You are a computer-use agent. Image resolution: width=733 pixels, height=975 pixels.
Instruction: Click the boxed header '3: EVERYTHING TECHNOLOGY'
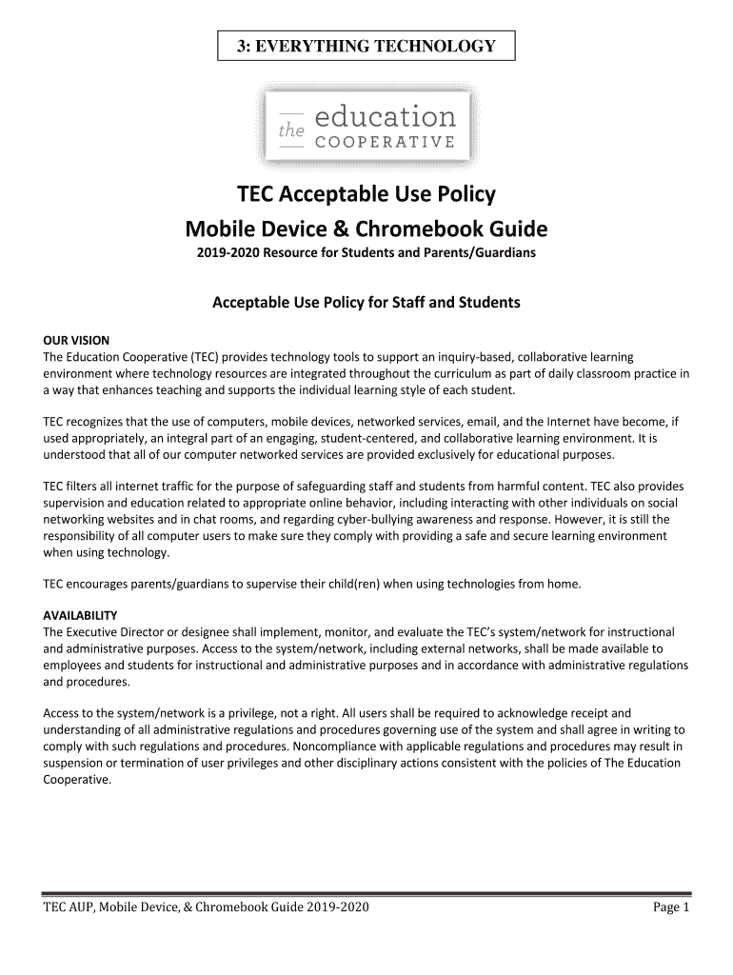point(366,46)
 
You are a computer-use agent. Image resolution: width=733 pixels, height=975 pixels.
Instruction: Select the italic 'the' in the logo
point(289,133)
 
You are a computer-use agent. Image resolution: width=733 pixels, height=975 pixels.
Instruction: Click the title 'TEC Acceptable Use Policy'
point(366,195)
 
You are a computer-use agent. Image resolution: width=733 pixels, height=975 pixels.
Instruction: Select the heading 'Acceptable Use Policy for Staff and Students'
point(366,303)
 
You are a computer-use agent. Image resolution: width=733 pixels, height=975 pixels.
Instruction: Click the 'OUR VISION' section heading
point(77,340)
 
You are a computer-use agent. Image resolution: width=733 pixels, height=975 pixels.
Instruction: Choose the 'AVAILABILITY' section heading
point(81,615)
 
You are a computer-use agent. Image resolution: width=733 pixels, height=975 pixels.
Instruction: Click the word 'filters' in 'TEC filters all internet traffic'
point(85,487)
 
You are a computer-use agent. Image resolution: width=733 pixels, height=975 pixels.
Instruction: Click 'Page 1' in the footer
point(670,908)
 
